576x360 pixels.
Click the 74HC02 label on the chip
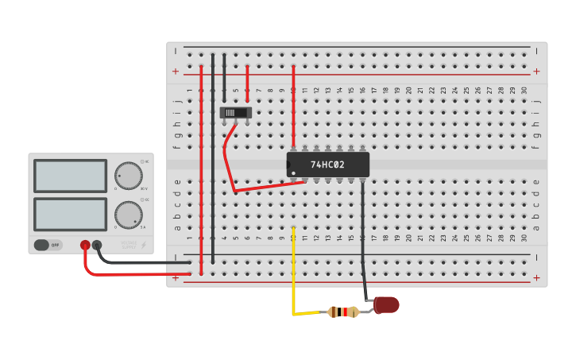point(327,165)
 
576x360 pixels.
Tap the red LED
point(386,304)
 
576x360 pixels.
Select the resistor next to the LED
point(342,312)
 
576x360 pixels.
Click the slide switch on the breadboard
point(236,113)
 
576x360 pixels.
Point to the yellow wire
point(293,270)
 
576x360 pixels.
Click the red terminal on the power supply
point(85,246)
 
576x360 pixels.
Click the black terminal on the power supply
point(97,246)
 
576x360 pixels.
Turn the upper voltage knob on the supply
point(128,176)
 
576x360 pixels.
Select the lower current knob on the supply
point(128,215)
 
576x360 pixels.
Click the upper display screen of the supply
point(70,176)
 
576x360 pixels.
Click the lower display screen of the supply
point(70,214)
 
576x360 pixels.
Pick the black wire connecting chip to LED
point(364,238)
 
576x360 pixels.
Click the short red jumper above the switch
point(248,78)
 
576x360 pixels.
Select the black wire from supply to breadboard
point(143,261)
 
